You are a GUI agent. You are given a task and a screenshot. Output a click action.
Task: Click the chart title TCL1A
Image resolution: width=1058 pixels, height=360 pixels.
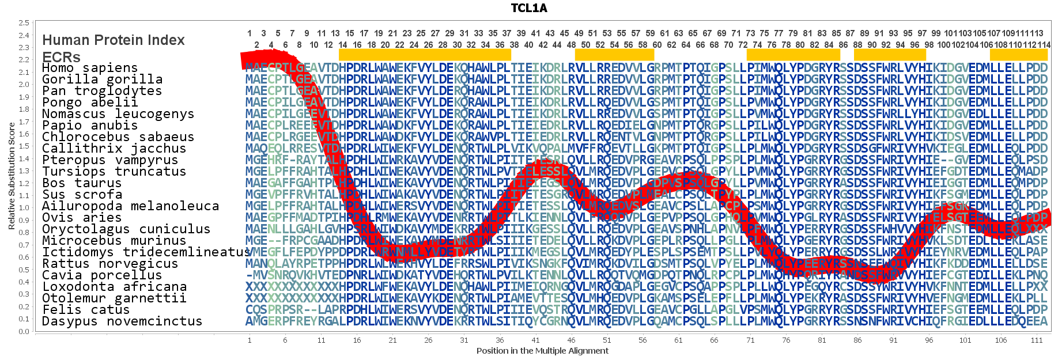coord(528,8)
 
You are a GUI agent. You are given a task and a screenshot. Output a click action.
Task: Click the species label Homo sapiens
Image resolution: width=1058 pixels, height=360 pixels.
coord(90,68)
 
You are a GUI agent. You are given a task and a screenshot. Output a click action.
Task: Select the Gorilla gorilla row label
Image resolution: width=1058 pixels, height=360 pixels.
coord(102,79)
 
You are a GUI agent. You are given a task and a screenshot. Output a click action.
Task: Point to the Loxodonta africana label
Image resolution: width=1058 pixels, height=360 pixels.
coord(114,287)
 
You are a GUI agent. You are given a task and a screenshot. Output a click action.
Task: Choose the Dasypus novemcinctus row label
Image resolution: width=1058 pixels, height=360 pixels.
coord(122,321)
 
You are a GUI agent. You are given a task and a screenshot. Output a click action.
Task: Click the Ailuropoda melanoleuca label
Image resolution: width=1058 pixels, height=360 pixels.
coord(130,206)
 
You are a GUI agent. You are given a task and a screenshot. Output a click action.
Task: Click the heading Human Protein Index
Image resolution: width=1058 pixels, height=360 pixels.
coord(114,40)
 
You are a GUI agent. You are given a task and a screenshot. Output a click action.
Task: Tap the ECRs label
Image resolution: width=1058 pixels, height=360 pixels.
coord(61,57)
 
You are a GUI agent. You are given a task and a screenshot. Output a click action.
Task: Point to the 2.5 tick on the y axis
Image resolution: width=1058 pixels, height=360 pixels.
coord(24,23)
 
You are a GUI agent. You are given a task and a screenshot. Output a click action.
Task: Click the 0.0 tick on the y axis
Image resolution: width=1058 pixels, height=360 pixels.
coord(24,331)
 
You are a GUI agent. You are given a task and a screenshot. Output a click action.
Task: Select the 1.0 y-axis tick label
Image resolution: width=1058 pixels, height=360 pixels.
coord(24,208)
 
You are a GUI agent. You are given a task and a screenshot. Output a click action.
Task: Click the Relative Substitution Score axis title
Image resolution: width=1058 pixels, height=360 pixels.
coord(12,176)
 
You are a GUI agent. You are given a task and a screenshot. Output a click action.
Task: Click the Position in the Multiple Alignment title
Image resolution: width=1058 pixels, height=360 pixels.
coord(542,351)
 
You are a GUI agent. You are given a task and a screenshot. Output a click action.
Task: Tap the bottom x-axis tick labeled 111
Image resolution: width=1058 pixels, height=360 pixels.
coord(1037,340)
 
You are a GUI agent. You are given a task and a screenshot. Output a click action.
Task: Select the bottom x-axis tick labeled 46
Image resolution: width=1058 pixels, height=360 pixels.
coord(571,340)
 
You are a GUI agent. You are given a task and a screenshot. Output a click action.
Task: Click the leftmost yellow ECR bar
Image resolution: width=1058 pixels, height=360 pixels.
coord(425,55)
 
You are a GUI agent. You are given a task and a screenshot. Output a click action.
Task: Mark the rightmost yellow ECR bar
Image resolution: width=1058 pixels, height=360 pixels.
coord(1018,55)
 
